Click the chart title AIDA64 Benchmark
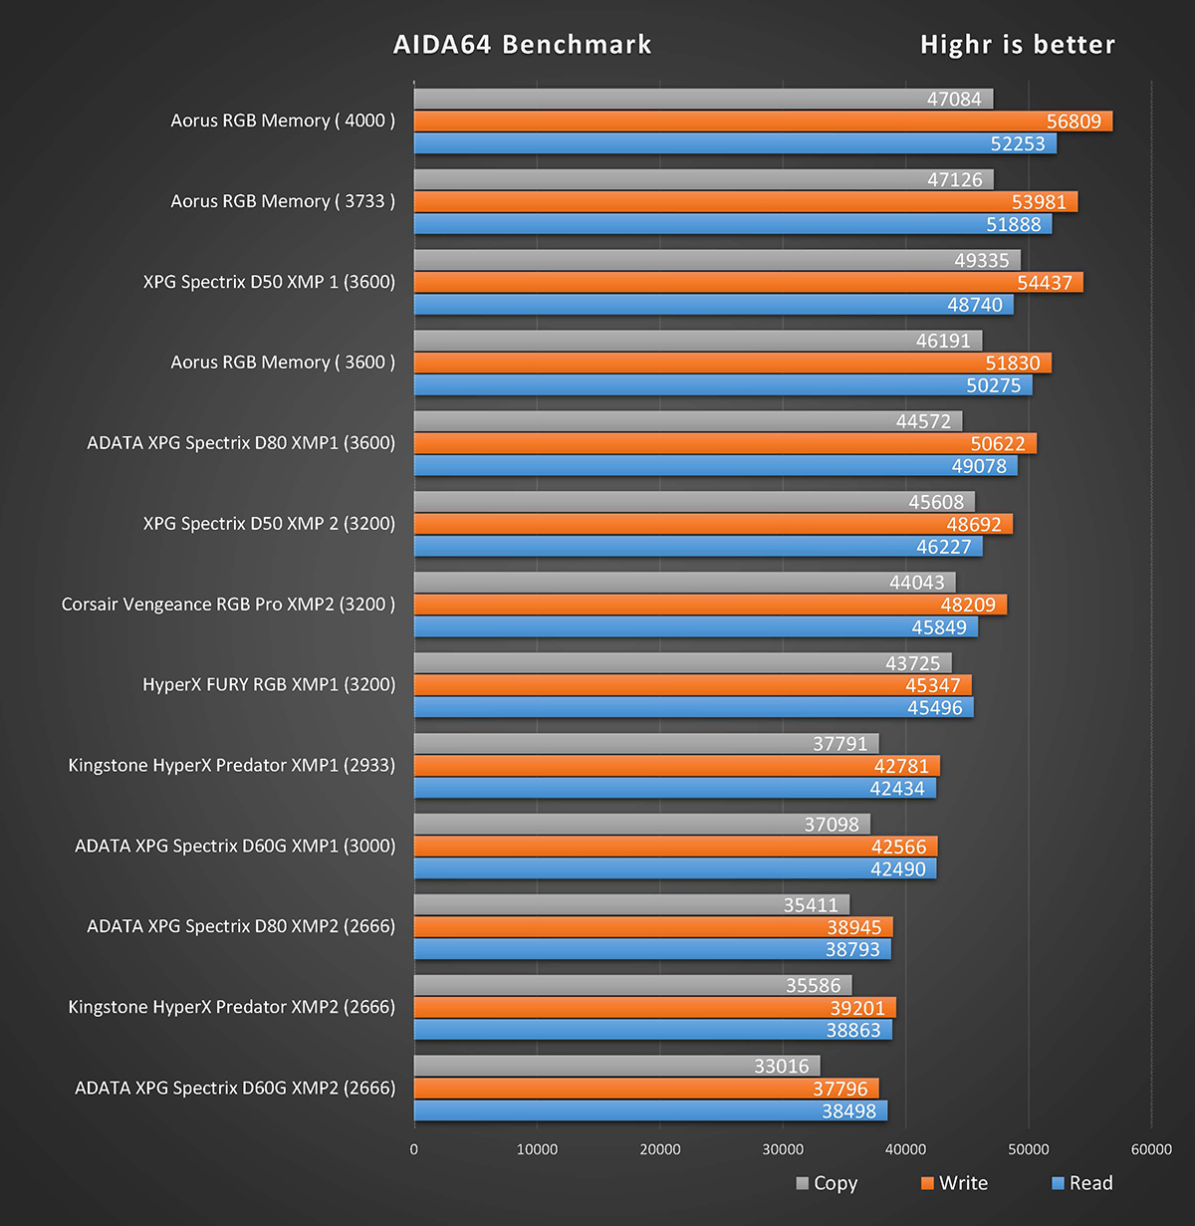pyautogui.click(x=522, y=45)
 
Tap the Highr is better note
pyautogui.click(x=1017, y=45)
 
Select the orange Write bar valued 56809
pyautogui.click(x=763, y=122)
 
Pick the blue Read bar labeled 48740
pyautogui.click(x=713, y=305)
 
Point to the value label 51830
pyautogui.click(x=1012, y=364)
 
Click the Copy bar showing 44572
pyautogui.click(x=687, y=421)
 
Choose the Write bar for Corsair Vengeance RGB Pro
pyautogui.click(x=710, y=605)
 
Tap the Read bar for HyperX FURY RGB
pyautogui.click(x=693, y=708)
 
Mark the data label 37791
pyautogui.click(x=839, y=744)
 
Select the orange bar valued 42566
pyautogui.click(x=675, y=847)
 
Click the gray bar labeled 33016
pyautogui.click(x=616, y=1066)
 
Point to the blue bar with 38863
pyautogui.click(x=652, y=1030)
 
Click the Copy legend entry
pyautogui.click(x=827, y=1183)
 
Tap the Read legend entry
pyautogui.click(x=1082, y=1183)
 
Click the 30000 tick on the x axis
pyautogui.click(x=783, y=1149)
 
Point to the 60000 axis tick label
pyautogui.click(x=1151, y=1149)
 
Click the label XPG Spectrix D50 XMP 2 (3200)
pyautogui.click(x=269, y=524)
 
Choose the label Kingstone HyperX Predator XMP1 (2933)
pyautogui.click(x=231, y=766)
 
